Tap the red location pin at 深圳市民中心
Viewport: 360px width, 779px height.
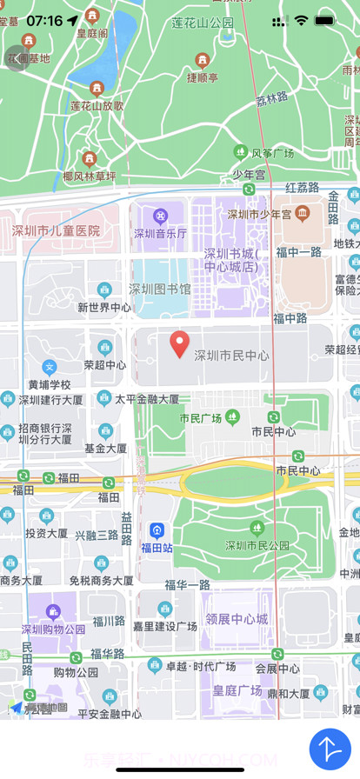point(179,343)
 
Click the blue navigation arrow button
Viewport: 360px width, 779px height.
point(330,748)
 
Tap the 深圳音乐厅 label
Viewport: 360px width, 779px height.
point(160,233)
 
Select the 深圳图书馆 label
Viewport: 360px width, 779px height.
point(160,289)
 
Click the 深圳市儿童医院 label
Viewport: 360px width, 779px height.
point(56,230)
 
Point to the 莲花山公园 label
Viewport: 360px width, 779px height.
point(203,22)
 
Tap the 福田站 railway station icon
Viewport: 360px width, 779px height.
point(157,529)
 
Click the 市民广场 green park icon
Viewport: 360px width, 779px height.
point(232,417)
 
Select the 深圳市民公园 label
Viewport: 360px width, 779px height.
point(257,545)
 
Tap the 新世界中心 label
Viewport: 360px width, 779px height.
point(104,307)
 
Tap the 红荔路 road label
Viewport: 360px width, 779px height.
point(302,187)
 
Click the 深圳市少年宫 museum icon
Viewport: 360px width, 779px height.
point(302,213)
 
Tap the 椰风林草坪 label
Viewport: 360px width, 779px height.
point(89,176)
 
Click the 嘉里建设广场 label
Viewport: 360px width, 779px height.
point(164,626)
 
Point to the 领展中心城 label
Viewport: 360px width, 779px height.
point(237,619)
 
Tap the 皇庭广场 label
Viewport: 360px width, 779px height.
point(237,690)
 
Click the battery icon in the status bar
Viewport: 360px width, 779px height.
point(326,20)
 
